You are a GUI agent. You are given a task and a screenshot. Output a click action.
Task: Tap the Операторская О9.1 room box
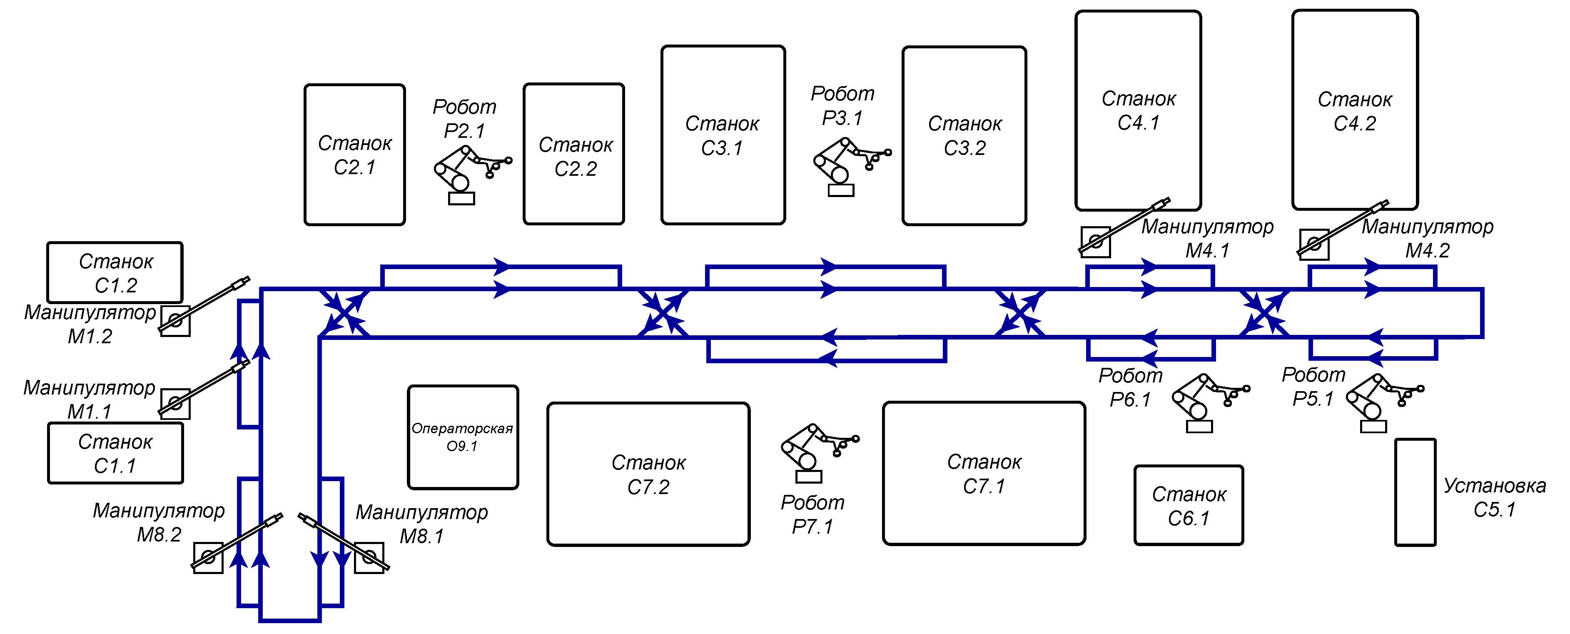tap(463, 437)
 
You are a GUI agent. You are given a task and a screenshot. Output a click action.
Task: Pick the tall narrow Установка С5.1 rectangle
tap(1415, 492)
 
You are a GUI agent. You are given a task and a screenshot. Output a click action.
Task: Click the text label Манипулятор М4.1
tap(1207, 238)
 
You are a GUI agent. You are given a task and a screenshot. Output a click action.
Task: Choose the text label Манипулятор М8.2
tap(159, 522)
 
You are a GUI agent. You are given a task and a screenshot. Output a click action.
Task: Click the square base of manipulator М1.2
tap(175, 321)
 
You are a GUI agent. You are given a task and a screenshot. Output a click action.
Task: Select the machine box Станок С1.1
tap(115, 453)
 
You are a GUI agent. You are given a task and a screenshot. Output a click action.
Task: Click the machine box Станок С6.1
tap(1189, 505)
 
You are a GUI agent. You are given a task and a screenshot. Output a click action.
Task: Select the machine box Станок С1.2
tap(115, 272)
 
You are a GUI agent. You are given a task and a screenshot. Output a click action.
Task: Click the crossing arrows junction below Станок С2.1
tap(345, 313)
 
